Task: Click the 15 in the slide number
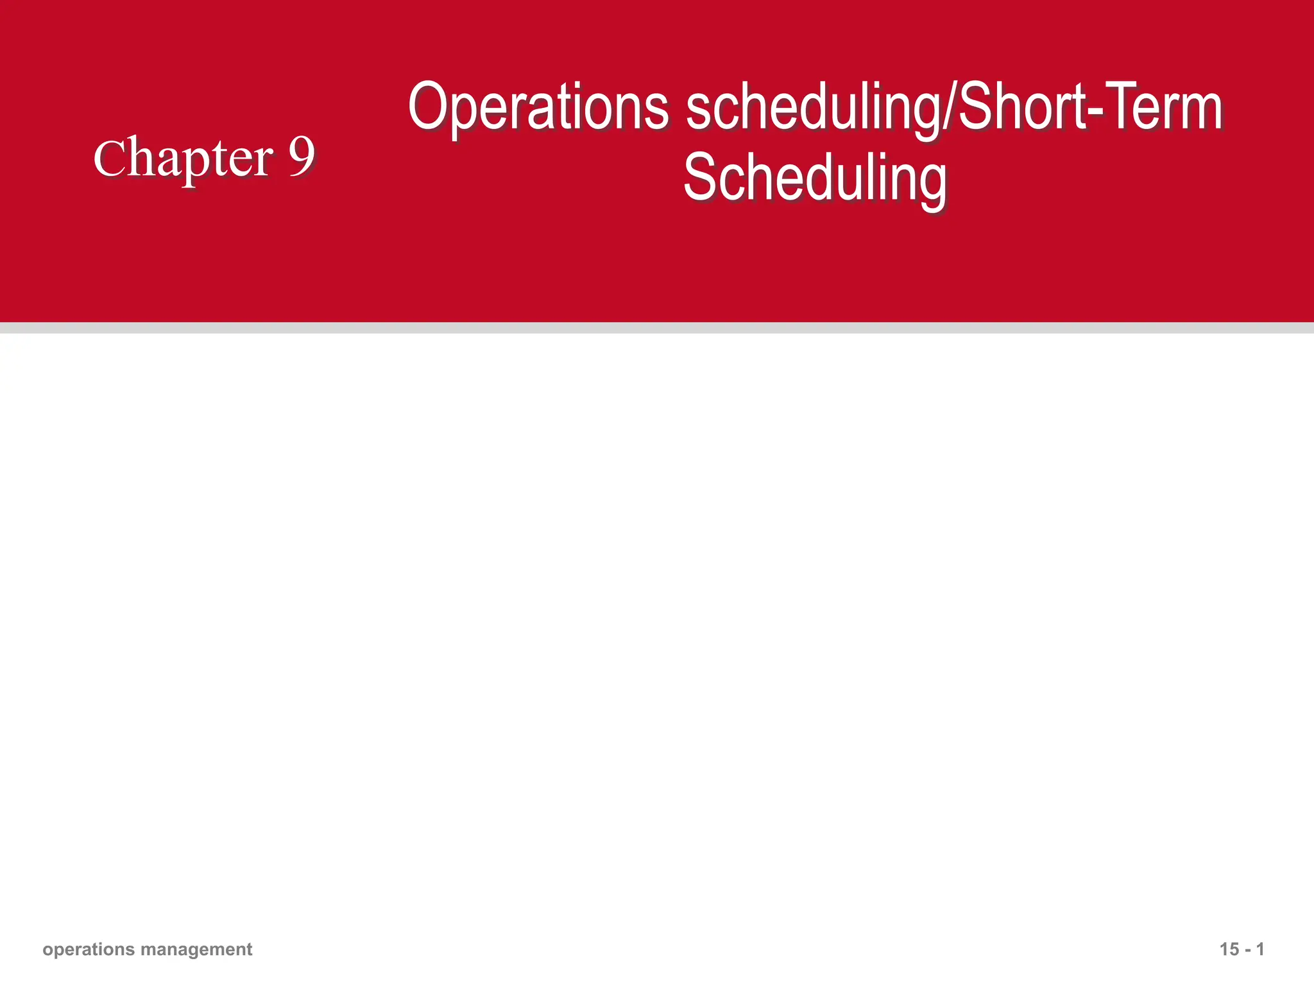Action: coord(1228,949)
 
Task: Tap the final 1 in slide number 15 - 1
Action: coord(1260,949)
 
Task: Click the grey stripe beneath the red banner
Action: coord(657,328)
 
